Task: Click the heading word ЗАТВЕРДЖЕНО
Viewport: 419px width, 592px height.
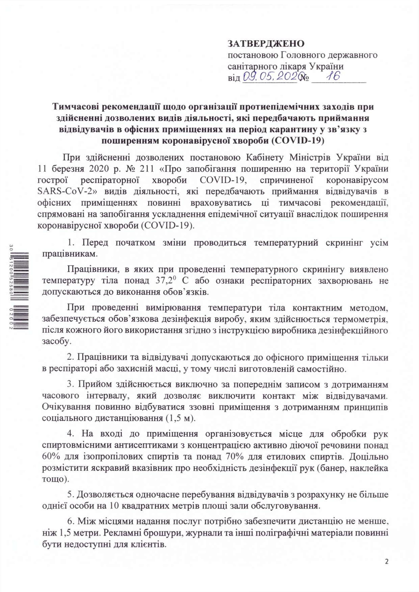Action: tap(266, 44)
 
